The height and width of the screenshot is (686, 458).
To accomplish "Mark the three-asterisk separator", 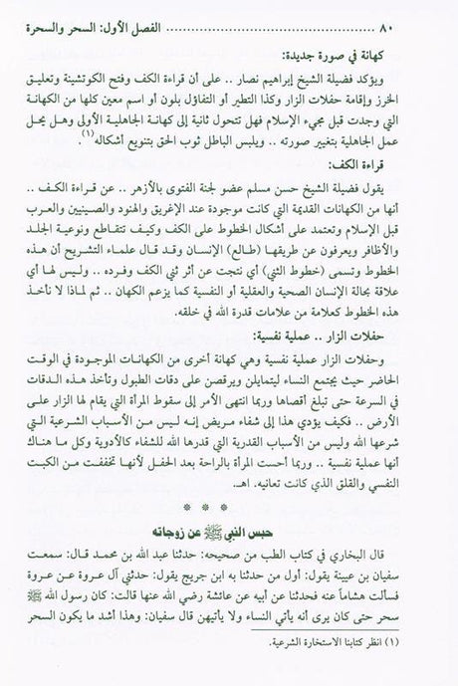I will coord(229,505).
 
